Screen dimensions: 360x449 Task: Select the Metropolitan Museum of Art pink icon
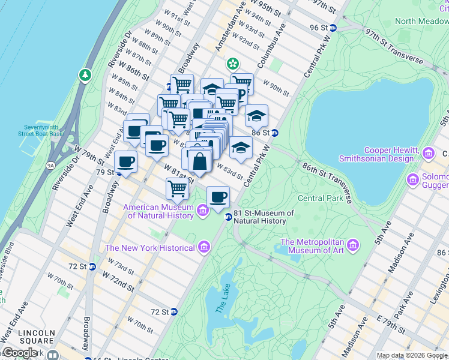pyautogui.click(x=354, y=246)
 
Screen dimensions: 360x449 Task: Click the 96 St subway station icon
pyautogui.click(x=333, y=28)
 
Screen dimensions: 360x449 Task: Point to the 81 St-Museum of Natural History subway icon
pyautogui.click(x=228, y=217)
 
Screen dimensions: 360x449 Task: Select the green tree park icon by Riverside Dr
pyautogui.click(x=85, y=75)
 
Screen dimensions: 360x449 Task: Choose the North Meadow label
pyautogui.click(x=422, y=21)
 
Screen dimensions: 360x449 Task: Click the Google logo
pyautogui.click(x=20, y=353)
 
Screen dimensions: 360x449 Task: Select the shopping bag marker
pyautogui.click(x=200, y=161)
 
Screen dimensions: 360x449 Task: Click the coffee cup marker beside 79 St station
pyautogui.click(x=125, y=161)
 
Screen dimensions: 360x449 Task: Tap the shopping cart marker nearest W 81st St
pyautogui.click(x=177, y=189)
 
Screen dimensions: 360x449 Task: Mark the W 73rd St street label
pyautogui.click(x=121, y=265)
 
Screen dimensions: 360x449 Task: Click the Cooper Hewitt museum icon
pyautogui.click(x=429, y=154)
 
